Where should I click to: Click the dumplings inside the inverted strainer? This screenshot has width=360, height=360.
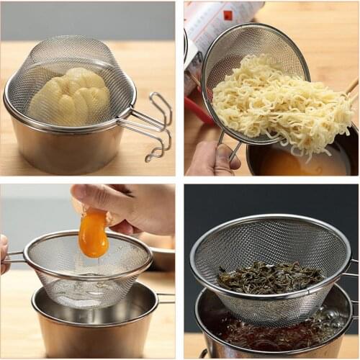[x=70, y=96]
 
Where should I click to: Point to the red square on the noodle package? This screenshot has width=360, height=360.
[x=228, y=15]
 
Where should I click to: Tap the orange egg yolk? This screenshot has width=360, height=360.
[x=93, y=234]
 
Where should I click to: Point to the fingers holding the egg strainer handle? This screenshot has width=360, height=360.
[x=4, y=256]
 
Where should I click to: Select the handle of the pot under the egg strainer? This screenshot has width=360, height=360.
[x=165, y=297]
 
